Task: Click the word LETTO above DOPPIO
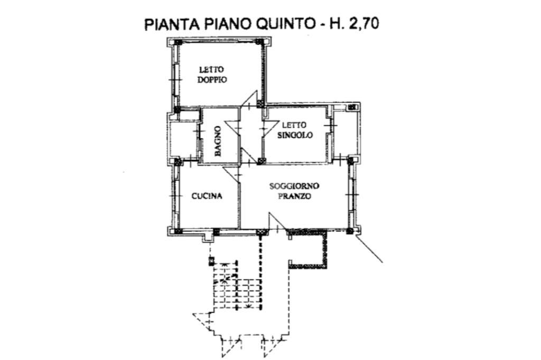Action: tap(211, 69)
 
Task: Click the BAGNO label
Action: tap(218, 140)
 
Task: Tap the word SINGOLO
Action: tap(295, 135)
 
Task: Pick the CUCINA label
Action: tap(207, 196)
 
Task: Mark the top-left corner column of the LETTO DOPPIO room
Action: tap(178, 42)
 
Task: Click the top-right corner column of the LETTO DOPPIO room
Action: tap(259, 42)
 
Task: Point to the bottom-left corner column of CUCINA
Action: tap(178, 231)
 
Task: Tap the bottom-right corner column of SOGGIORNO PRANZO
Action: tap(350, 231)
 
